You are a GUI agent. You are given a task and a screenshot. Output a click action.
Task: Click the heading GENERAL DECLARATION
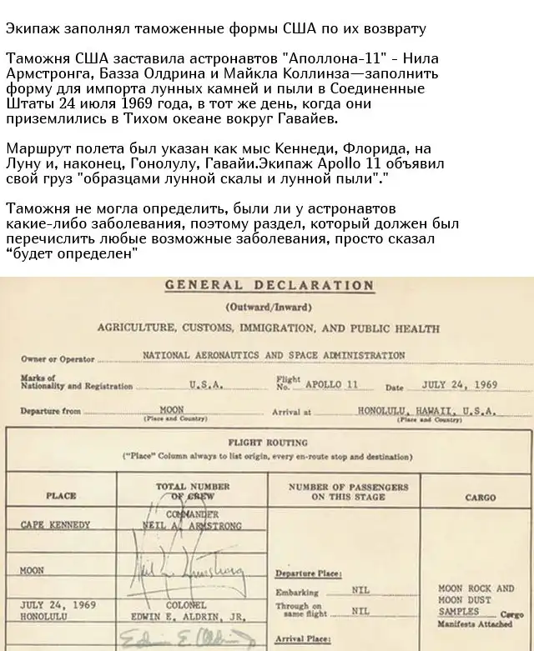[269, 284]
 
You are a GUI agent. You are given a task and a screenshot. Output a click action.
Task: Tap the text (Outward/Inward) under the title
[269, 307]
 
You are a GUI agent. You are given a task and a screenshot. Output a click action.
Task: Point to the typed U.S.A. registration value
[205, 384]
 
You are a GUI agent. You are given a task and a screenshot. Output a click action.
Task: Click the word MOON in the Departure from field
[171, 411]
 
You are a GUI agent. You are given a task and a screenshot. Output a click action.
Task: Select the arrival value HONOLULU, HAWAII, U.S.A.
[426, 411]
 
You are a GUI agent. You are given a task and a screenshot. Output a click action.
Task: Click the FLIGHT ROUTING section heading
[269, 443]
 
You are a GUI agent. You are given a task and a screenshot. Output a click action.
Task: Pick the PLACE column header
[61, 496]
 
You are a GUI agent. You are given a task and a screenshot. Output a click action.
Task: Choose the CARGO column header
[480, 498]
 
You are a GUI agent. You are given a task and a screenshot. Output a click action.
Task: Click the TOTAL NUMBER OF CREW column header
[193, 491]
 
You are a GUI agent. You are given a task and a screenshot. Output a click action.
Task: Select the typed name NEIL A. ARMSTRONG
[193, 526]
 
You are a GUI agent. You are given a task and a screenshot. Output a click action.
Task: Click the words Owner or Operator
[58, 359]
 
